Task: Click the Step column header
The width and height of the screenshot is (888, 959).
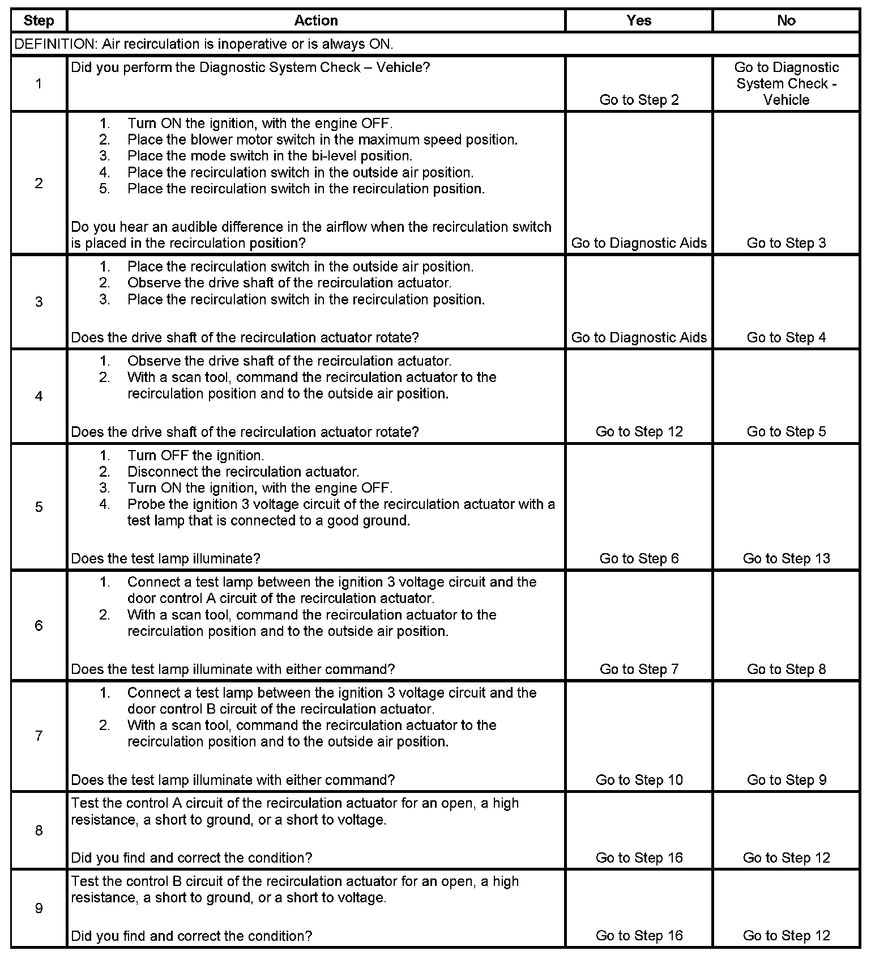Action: [x=39, y=21]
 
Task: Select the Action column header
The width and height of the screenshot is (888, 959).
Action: [x=316, y=21]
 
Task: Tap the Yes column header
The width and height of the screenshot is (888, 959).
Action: [x=639, y=21]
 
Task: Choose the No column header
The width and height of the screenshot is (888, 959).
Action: [x=786, y=21]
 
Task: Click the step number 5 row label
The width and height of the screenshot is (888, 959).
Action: [x=39, y=507]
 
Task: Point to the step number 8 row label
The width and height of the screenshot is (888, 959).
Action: [x=39, y=831]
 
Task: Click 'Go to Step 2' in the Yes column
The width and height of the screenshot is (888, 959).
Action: [x=639, y=100]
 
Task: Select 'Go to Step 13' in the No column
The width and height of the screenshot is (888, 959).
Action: [x=786, y=559]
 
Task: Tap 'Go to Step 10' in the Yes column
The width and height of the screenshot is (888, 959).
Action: [x=639, y=780]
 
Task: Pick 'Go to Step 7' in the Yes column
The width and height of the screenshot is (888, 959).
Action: [x=639, y=669]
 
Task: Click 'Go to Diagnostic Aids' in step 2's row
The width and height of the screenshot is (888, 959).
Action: [x=639, y=243]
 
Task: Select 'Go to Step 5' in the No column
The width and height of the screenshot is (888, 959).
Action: [x=786, y=432]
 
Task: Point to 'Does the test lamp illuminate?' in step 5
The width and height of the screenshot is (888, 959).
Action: [x=165, y=559]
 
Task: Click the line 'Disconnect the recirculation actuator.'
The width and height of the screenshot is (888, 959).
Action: [x=243, y=472]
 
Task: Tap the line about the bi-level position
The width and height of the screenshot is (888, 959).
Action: [x=270, y=156]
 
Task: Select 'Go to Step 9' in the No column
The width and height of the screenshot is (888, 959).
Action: [x=786, y=780]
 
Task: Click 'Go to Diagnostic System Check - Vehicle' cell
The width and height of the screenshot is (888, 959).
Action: [x=786, y=84]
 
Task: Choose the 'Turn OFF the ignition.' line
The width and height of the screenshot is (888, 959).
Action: [x=195, y=456]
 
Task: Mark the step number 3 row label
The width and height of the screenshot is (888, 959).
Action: [x=39, y=302]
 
